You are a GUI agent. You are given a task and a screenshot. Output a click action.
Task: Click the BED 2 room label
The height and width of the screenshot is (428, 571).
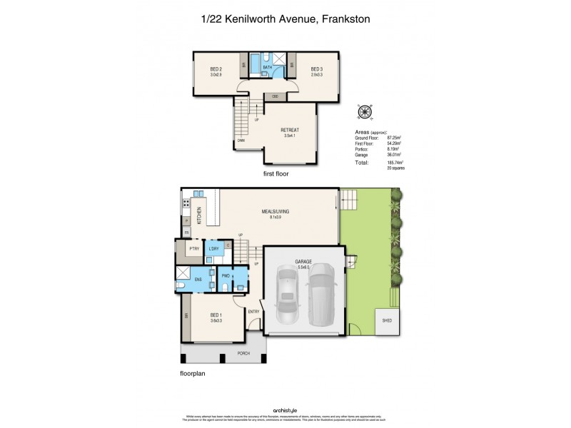pyautogui.click(x=217, y=69)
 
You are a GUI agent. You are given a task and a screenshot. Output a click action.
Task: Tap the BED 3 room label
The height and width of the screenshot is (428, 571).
pyautogui.click(x=317, y=69)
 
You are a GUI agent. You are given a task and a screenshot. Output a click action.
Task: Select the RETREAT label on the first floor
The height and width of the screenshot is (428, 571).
pyautogui.click(x=289, y=130)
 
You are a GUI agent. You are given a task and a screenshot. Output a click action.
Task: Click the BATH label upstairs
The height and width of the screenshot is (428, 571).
pyautogui.click(x=268, y=68)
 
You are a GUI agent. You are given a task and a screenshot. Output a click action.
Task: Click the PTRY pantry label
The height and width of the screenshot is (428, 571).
pyautogui.click(x=193, y=249)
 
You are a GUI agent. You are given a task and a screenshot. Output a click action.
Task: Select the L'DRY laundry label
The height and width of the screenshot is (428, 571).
pyautogui.click(x=213, y=249)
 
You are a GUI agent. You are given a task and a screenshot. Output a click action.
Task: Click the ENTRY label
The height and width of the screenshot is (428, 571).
pyautogui.click(x=253, y=312)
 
